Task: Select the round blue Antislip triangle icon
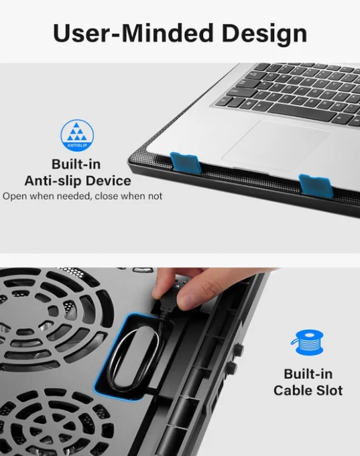click(77, 135)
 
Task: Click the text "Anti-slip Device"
click(78, 181)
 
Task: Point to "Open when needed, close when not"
click(82, 196)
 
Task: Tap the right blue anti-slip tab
click(316, 184)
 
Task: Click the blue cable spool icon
click(307, 342)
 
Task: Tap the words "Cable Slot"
click(308, 390)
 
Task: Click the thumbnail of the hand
click(186, 300)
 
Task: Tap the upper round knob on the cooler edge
click(239, 348)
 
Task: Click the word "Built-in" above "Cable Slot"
click(308, 374)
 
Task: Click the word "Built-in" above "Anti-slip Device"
click(76, 164)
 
